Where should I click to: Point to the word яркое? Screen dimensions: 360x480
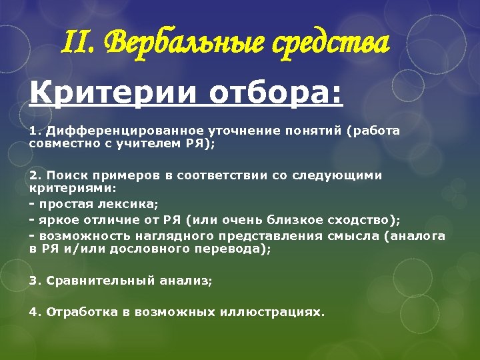(x=57, y=220)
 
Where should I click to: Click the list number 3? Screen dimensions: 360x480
(x=32, y=281)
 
